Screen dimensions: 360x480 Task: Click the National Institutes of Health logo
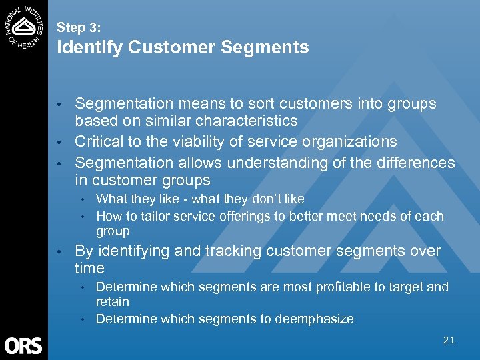pos(24,25)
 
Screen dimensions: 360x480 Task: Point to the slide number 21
pos(449,340)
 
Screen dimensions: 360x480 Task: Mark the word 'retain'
pos(112,302)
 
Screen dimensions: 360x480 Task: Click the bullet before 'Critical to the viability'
pos(59,142)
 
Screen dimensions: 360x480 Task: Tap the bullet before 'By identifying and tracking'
pos(59,251)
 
